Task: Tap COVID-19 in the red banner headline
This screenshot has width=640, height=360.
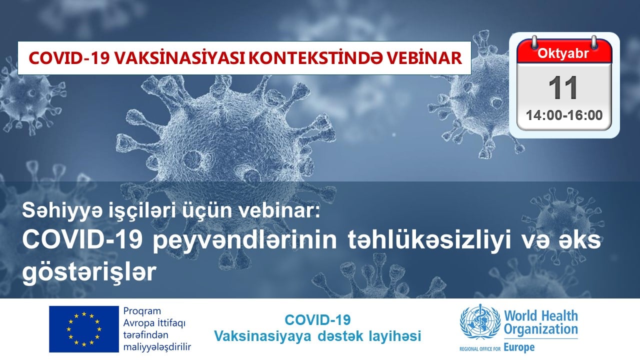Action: (69, 58)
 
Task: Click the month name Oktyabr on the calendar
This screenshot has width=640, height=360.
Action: (563, 53)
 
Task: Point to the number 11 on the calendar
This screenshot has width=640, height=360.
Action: (563, 88)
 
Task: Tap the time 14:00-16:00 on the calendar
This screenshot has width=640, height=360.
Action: (564, 115)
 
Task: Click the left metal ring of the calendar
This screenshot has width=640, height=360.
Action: (534, 42)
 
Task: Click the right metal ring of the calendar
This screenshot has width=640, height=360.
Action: (594, 42)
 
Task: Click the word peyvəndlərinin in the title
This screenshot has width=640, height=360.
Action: (244, 241)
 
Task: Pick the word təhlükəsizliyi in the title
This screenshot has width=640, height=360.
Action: (429, 241)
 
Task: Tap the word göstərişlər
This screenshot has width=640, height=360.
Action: (89, 272)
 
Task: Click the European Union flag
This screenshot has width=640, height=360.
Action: (84, 329)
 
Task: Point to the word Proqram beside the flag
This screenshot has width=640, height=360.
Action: (142, 311)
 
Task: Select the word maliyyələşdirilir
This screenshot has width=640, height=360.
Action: (157, 347)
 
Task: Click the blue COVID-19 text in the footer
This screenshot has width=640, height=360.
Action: (317, 319)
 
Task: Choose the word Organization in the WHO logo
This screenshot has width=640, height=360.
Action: (540, 329)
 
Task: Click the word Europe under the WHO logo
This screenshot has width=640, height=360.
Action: (519, 347)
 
